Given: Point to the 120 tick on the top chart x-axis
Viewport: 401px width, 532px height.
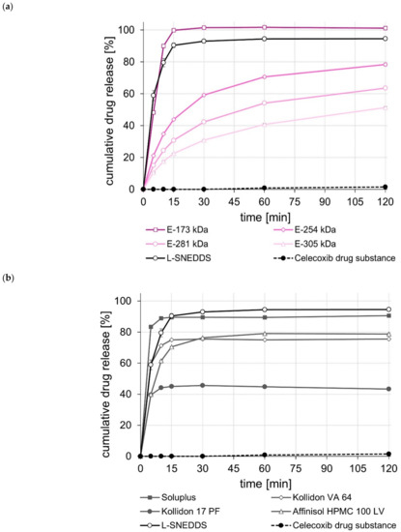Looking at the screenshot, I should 387,201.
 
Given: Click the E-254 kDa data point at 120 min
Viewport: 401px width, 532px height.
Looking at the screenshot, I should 387,64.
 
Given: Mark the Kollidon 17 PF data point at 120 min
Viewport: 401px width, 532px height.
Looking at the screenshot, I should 387,389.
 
